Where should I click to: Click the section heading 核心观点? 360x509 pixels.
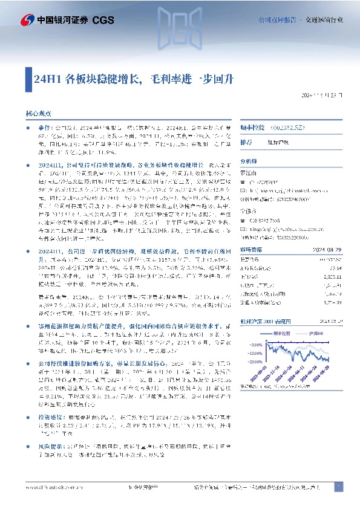coord(38,113)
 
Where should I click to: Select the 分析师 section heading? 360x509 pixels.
coord(249,161)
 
